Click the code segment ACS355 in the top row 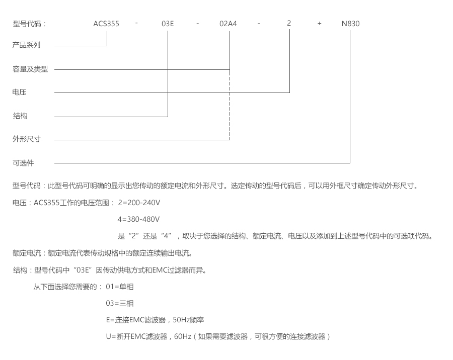[x=106, y=24]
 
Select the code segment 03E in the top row [x=168, y=24]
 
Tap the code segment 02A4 [x=229, y=24]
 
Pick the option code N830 [x=350, y=24]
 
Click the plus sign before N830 [x=319, y=24]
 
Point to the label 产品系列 [x=26, y=45]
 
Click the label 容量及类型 [x=30, y=69]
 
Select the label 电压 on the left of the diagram [x=20, y=93]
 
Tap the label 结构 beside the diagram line [x=20, y=116]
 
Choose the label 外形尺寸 [x=26, y=139]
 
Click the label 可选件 [x=23, y=163]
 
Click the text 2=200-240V [x=138, y=203]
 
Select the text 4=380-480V [x=138, y=220]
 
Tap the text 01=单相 [x=120, y=287]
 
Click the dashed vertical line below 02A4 [x=230, y=106]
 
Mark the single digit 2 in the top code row [x=289, y=24]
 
